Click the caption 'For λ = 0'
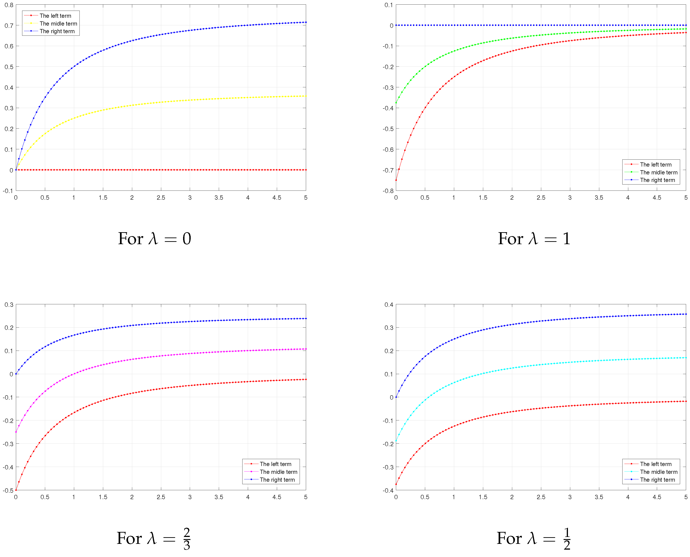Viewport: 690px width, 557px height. pos(154,239)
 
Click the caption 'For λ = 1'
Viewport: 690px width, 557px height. pos(534,239)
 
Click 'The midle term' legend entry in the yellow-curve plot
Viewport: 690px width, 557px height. pos(58,23)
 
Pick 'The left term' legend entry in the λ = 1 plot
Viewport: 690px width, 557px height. pos(655,165)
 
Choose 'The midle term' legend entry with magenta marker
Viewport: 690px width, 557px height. pos(278,472)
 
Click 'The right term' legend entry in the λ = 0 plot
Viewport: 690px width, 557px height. pos(57,31)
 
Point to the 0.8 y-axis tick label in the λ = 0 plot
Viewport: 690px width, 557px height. pos(9,5)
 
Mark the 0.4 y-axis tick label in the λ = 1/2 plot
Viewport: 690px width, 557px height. pos(389,305)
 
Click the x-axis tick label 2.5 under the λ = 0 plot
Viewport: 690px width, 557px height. pos(161,198)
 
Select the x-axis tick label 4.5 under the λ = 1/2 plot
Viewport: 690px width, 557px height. pos(657,497)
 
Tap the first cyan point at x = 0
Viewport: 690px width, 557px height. pos(396,441)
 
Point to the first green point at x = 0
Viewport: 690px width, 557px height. pos(396,103)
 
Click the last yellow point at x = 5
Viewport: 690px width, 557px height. pos(306,96)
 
